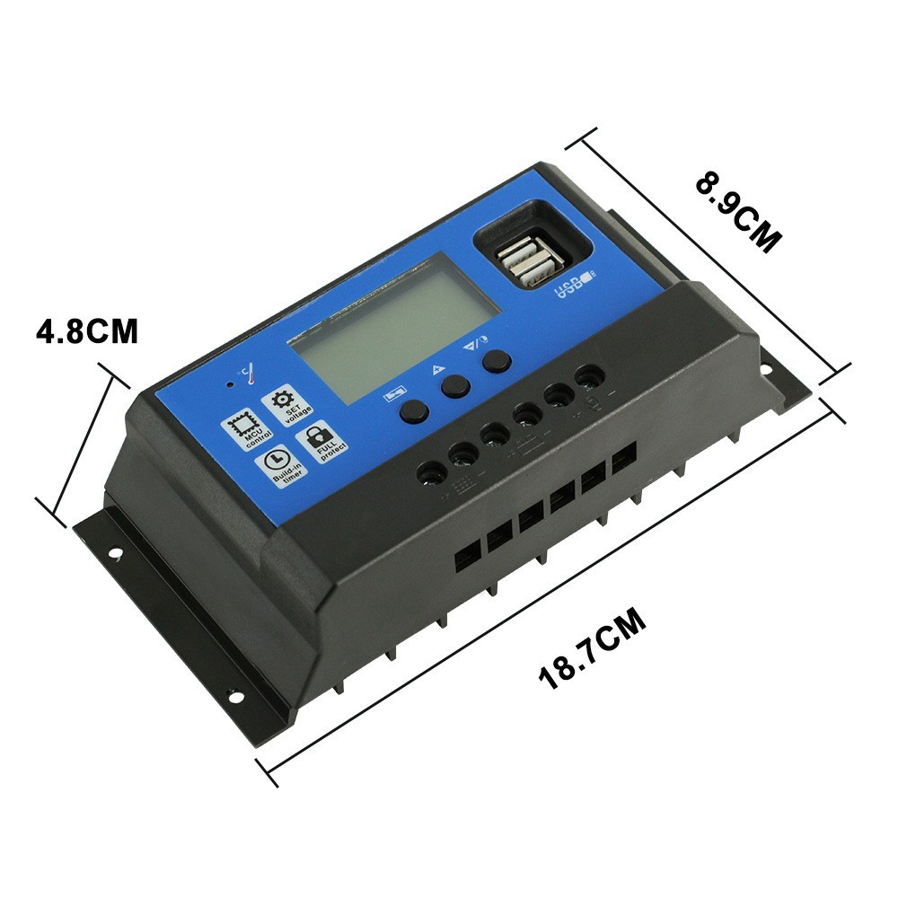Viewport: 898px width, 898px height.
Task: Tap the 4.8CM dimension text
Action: click(87, 330)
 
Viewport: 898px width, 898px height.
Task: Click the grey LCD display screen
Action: click(399, 326)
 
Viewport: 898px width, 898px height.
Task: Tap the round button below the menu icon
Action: click(413, 411)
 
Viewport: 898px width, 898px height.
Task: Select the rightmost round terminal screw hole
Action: click(588, 376)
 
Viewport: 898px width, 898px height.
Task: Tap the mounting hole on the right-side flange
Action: click(769, 368)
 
